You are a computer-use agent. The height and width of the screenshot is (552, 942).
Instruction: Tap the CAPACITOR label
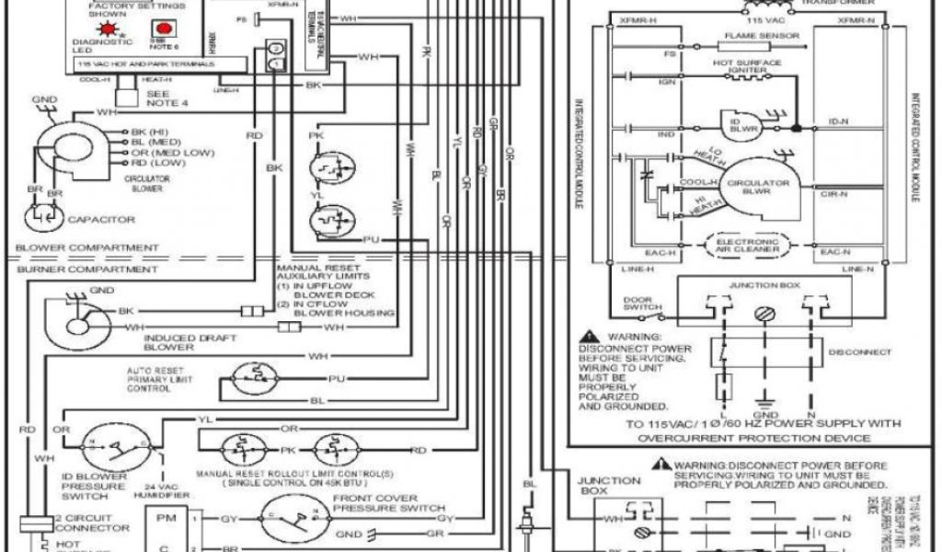(x=101, y=220)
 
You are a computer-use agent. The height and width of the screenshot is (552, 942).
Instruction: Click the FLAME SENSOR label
(x=753, y=36)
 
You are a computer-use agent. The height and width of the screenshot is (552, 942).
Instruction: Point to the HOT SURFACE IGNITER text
(x=748, y=64)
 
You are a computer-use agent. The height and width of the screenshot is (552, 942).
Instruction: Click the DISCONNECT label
(x=860, y=352)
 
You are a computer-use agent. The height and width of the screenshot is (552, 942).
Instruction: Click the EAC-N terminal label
(x=834, y=250)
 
